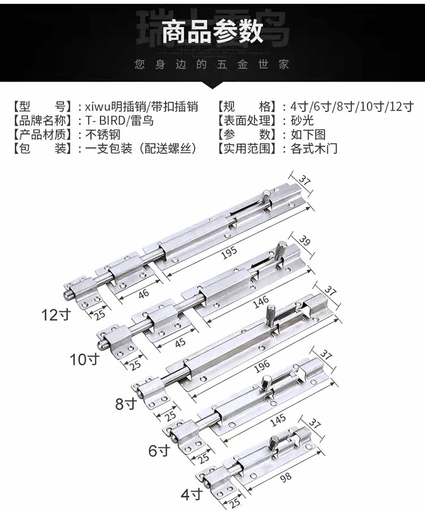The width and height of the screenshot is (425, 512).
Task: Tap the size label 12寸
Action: coord(56,314)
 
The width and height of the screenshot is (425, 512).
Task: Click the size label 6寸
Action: coord(159,451)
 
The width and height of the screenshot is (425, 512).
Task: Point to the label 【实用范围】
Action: coord(248,150)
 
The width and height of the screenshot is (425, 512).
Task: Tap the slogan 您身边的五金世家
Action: coord(212,65)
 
